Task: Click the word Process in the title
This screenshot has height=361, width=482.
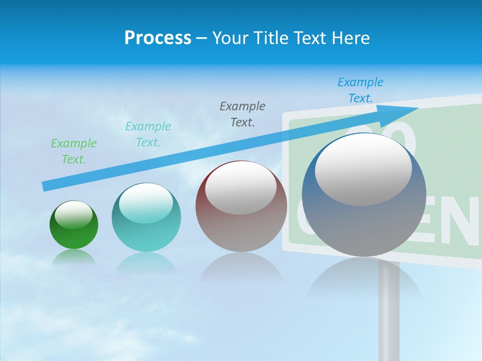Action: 158,38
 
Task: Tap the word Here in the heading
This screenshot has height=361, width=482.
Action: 350,38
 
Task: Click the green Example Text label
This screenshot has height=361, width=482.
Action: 74,151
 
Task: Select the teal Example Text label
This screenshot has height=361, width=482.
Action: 148,134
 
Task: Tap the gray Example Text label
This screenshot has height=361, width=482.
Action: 243,114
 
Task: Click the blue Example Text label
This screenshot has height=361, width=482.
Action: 360,90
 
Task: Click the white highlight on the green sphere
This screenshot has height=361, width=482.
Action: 74,215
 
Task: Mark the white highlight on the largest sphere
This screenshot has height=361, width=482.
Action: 363,169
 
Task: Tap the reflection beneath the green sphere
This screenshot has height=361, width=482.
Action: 74,258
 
